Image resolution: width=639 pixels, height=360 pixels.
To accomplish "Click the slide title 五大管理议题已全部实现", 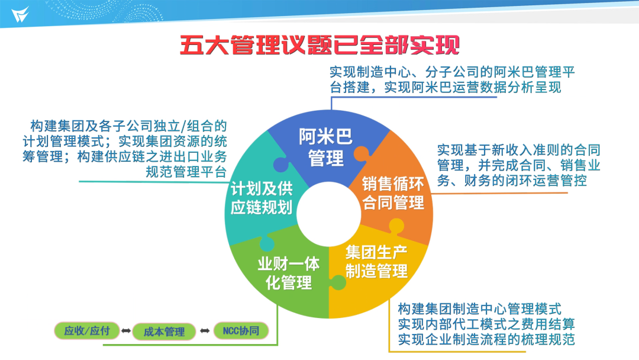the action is [x=320, y=45].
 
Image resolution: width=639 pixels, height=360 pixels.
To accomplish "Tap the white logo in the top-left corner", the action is [x=20, y=15].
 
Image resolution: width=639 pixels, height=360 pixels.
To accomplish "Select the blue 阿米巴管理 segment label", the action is [x=325, y=147].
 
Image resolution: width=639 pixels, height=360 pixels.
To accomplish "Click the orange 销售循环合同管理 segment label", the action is [x=393, y=193].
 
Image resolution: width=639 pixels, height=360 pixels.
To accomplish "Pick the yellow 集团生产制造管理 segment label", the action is [x=376, y=261].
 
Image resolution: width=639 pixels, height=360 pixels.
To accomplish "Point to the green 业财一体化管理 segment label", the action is [x=289, y=273].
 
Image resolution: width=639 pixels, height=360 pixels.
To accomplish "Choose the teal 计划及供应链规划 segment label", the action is [x=262, y=198].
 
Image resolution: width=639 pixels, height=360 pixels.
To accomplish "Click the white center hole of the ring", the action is [x=328, y=214].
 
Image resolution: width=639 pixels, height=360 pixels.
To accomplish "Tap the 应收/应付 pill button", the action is [x=87, y=330].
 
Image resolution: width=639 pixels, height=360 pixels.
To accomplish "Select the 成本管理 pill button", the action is [x=164, y=332].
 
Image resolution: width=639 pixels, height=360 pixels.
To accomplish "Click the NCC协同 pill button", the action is [x=241, y=330].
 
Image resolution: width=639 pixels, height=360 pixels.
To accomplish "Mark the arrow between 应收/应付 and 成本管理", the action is [x=126, y=330].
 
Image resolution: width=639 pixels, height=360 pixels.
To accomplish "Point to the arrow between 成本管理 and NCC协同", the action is [x=205, y=330].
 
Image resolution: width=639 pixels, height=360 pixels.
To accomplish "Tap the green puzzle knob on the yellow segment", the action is [x=338, y=282].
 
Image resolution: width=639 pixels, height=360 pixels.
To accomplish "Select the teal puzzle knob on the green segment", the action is [x=267, y=243].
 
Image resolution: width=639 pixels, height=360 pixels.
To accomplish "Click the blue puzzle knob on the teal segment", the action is [x=281, y=164].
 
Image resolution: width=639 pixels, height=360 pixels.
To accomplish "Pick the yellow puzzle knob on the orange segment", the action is [x=396, y=226].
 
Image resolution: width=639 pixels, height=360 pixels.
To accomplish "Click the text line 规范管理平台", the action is [x=186, y=172].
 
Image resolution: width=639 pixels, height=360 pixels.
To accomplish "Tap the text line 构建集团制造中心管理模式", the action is [x=480, y=308].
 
